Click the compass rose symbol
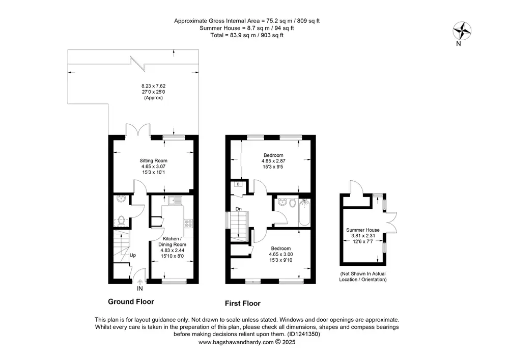(462, 31)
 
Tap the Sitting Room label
(154, 161)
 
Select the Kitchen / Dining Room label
(172, 241)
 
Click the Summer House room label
(362, 230)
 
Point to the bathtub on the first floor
(304, 212)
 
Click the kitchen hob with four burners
(188, 224)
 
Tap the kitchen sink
(175, 200)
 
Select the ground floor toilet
(122, 221)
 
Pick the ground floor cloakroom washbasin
(121, 199)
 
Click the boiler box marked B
(238, 184)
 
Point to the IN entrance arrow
(140, 282)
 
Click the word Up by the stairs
(132, 255)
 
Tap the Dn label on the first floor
(239, 209)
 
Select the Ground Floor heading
(131, 301)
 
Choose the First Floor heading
(243, 303)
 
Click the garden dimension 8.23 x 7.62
(154, 86)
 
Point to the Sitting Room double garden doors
(138, 129)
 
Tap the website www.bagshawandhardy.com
(236, 342)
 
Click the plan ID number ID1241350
(303, 334)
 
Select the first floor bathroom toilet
(292, 203)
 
